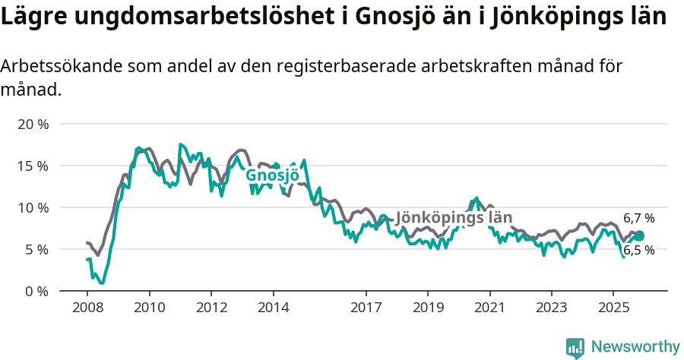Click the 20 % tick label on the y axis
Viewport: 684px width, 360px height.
[x=32, y=124]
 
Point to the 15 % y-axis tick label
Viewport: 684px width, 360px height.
[x=32, y=166]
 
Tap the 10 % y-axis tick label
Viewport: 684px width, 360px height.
[x=32, y=207]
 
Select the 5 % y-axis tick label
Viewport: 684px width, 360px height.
[x=36, y=249]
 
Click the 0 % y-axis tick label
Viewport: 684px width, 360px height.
[x=36, y=291]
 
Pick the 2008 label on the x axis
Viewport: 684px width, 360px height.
[x=87, y=308]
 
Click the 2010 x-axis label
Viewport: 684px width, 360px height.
[x=150, y=308]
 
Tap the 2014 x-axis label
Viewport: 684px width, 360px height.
[x=273, y=308]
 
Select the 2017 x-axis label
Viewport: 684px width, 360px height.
[x=366, y=308]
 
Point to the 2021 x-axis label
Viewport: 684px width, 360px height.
[x=489, y=308]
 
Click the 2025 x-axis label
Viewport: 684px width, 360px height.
[x=613, y=308]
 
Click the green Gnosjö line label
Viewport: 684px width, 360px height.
[x=272, y=175]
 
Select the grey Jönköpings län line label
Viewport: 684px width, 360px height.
[x=454, y=218]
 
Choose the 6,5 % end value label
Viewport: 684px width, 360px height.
[x=638, y=250]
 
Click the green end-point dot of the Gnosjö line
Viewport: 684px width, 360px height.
[x=639, y=236]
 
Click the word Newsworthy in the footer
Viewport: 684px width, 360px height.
[x=635, y=347]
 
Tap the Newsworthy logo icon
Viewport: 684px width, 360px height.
[x=575, y=348]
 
